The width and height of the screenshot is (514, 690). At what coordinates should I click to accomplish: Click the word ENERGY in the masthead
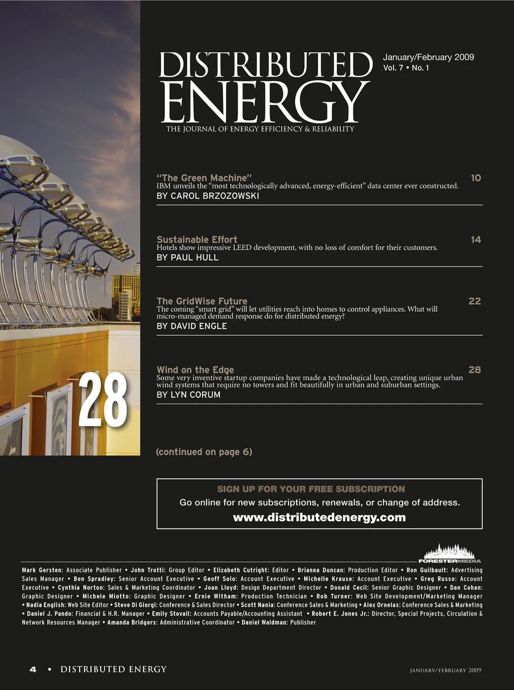coord(265,102)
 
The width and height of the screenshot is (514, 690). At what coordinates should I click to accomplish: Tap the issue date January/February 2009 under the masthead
coord(428,57)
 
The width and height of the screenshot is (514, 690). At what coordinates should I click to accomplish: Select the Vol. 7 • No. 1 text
coord(406,68)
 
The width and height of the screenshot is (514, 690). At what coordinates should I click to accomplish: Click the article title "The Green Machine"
coord(204,178)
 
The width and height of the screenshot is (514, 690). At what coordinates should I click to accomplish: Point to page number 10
coord(475,178)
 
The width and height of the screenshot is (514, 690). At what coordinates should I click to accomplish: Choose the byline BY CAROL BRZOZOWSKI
coord(208,196)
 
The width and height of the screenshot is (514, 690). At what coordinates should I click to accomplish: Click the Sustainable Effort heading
coord(196,239)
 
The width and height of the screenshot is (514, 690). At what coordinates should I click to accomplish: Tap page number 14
coord(475,239)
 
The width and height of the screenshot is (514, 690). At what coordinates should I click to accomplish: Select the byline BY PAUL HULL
coord(187,257)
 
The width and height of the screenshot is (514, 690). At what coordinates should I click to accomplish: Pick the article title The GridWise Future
coord(202,301)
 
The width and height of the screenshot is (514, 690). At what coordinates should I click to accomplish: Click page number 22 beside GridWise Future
coord(474,301)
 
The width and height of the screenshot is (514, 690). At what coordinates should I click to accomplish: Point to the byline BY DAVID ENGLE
coord(192,326)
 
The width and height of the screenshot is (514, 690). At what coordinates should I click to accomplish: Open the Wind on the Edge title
coord(195,369)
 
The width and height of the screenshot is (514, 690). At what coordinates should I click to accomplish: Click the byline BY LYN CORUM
coord(188,395)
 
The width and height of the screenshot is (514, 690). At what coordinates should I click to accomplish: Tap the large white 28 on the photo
coord(103,400)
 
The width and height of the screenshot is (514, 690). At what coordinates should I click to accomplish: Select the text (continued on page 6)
coord(204,452)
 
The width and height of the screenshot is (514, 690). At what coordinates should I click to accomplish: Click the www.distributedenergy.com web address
coord(319,518)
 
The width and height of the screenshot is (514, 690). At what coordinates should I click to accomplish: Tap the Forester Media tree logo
coord(449,553)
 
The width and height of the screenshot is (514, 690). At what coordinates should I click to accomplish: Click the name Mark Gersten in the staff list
coord(42,570)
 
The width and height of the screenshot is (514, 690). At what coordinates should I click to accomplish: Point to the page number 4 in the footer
coord(33,669)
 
